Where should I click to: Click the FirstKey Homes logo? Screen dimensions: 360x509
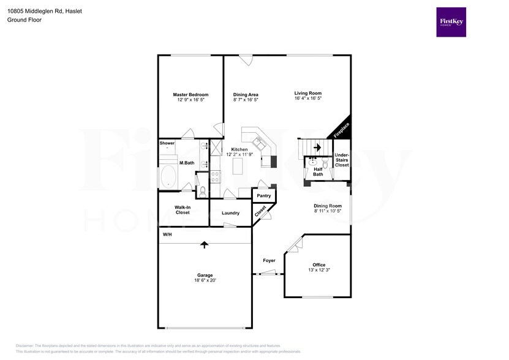[450, 22]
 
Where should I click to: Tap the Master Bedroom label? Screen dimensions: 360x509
[190, 95]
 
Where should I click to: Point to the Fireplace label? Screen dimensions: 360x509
[341, 130]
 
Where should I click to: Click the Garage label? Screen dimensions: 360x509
[204, 276]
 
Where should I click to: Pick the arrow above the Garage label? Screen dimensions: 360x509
[204, 244]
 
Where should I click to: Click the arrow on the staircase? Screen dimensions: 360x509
[317, 147]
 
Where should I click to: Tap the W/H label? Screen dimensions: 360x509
[167, 234]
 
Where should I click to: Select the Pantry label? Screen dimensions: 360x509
[264, 196]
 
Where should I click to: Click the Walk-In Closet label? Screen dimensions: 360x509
[183, 210]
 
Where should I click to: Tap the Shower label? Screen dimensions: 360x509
[167, 143]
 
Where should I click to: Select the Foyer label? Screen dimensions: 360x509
[269, 260]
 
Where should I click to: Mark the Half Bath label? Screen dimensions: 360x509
[318, 172]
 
